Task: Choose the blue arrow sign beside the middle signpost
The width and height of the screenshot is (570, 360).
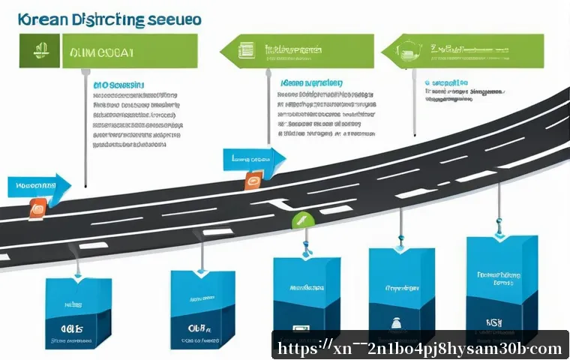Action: pos(253,158)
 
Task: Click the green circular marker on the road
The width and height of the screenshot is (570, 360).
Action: pos(302,220)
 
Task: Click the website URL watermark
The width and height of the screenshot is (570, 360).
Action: pos(420,349)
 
